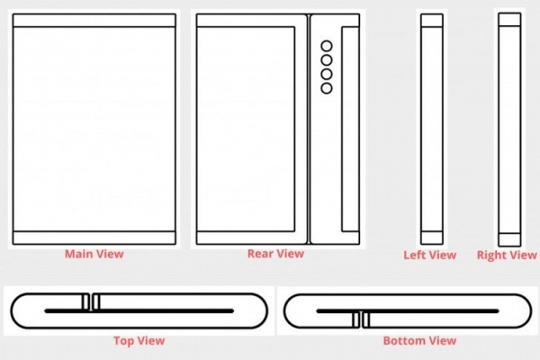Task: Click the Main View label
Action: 94,254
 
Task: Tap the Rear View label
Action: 275,254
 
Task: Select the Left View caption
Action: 430,255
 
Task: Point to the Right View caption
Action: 507,255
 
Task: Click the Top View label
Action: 139,341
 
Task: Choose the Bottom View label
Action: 419,341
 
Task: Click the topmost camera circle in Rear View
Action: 327,46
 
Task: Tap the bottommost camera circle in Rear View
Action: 327,88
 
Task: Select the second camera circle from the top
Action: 327,60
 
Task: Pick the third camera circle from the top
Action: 327,74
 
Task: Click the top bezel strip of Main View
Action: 94,21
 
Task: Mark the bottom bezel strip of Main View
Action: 94,238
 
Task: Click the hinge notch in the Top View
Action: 91,301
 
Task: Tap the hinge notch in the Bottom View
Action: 361,319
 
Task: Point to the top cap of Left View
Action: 431,21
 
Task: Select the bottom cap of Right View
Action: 509,239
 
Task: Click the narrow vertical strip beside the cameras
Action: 350,129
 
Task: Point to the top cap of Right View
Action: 509,19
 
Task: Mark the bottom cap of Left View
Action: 431,238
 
